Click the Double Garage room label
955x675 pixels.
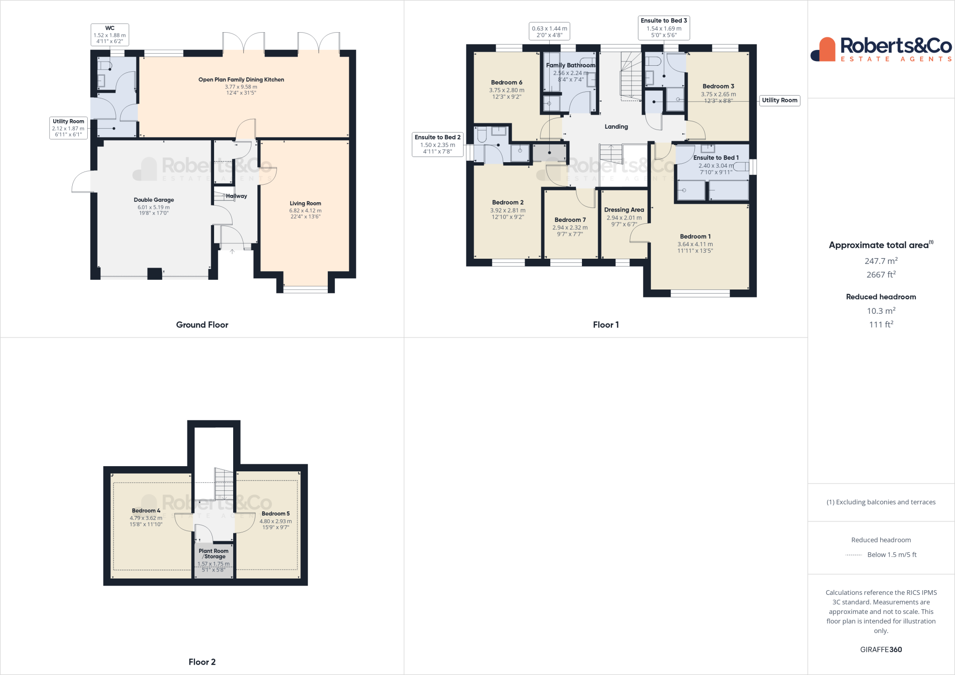click(x=153, y=200)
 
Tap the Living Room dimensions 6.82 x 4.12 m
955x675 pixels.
click(x=305, y=210)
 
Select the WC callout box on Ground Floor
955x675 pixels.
click(x=110, y=35)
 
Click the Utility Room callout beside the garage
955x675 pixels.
click(x=68, y=128)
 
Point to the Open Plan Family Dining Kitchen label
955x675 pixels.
click(x=241, y=80)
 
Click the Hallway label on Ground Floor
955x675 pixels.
click(x=236, y=196)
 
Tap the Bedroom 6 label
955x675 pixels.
click(x=506, y=83)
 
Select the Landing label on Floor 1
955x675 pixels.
click(x=616, y=126)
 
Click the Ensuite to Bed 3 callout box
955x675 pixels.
click(x=664, y=28)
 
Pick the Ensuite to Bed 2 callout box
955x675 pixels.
click(x=437, y=145)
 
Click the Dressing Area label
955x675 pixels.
click(x=624, y=210)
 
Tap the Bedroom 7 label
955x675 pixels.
click(x=570, y=220)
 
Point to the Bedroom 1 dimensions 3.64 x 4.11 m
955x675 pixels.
click(x=695, y=244)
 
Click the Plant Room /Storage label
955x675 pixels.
click(x=214, y=553)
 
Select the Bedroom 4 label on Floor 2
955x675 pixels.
click(x=146, y=510)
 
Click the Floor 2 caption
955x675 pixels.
click(x=202, y=661)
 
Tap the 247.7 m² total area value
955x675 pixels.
click(x=880, y=261)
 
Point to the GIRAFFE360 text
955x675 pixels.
click(x=880, y=649)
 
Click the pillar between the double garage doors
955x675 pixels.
click(x=154, y=273)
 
